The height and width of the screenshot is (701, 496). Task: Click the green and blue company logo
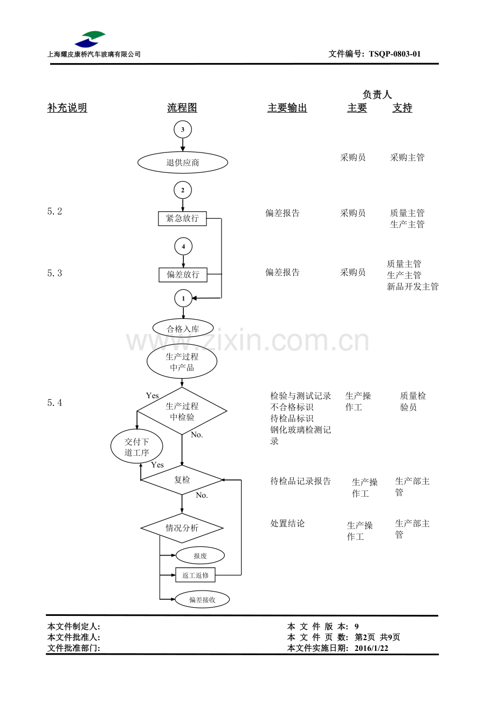tap(90, 39)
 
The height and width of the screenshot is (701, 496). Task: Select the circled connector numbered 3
tap(183, 129)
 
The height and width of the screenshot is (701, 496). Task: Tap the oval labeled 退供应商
tap(183, 162)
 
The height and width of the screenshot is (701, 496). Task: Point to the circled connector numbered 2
tap(183, 190)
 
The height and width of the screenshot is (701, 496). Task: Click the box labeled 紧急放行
tap(182, 218)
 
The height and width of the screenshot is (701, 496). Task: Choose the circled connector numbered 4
tap(183, 246)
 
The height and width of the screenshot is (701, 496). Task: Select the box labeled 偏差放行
tap(183, 274)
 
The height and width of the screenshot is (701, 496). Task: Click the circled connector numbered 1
tap(183, 299)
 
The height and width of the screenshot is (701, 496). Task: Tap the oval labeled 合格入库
tap(183, 329)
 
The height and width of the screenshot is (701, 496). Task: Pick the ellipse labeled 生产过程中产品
tap(182, 362)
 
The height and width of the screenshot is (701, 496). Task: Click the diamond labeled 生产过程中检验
tap(182, 411)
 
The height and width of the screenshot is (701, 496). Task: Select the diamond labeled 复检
tap(182, 480)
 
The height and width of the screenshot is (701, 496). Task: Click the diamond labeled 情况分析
tap(182, 528)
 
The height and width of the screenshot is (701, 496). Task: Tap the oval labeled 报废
tap(200, 556)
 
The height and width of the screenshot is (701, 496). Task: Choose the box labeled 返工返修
tap(195, 575)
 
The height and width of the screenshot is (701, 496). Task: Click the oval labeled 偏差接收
tap(202, 600)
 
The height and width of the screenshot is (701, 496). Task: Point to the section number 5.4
tap(54, 402)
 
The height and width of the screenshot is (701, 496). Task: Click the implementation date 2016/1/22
tap(371, 648)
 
